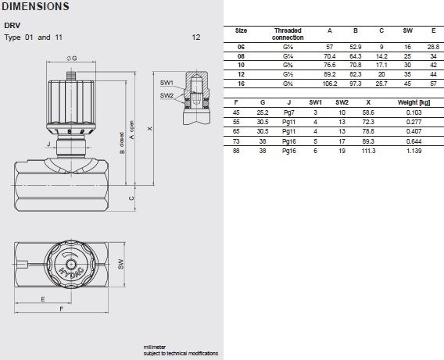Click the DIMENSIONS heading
click(35, 7)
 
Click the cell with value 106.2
click(329, 82)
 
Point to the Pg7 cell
click(288, 113)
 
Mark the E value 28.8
click(431, 48)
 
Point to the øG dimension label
click(72, 59)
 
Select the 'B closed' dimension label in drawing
click(122, 144)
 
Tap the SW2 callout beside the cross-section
click(166, 95)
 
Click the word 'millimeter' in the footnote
click(154, 346)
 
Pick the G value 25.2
click(262, 113)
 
